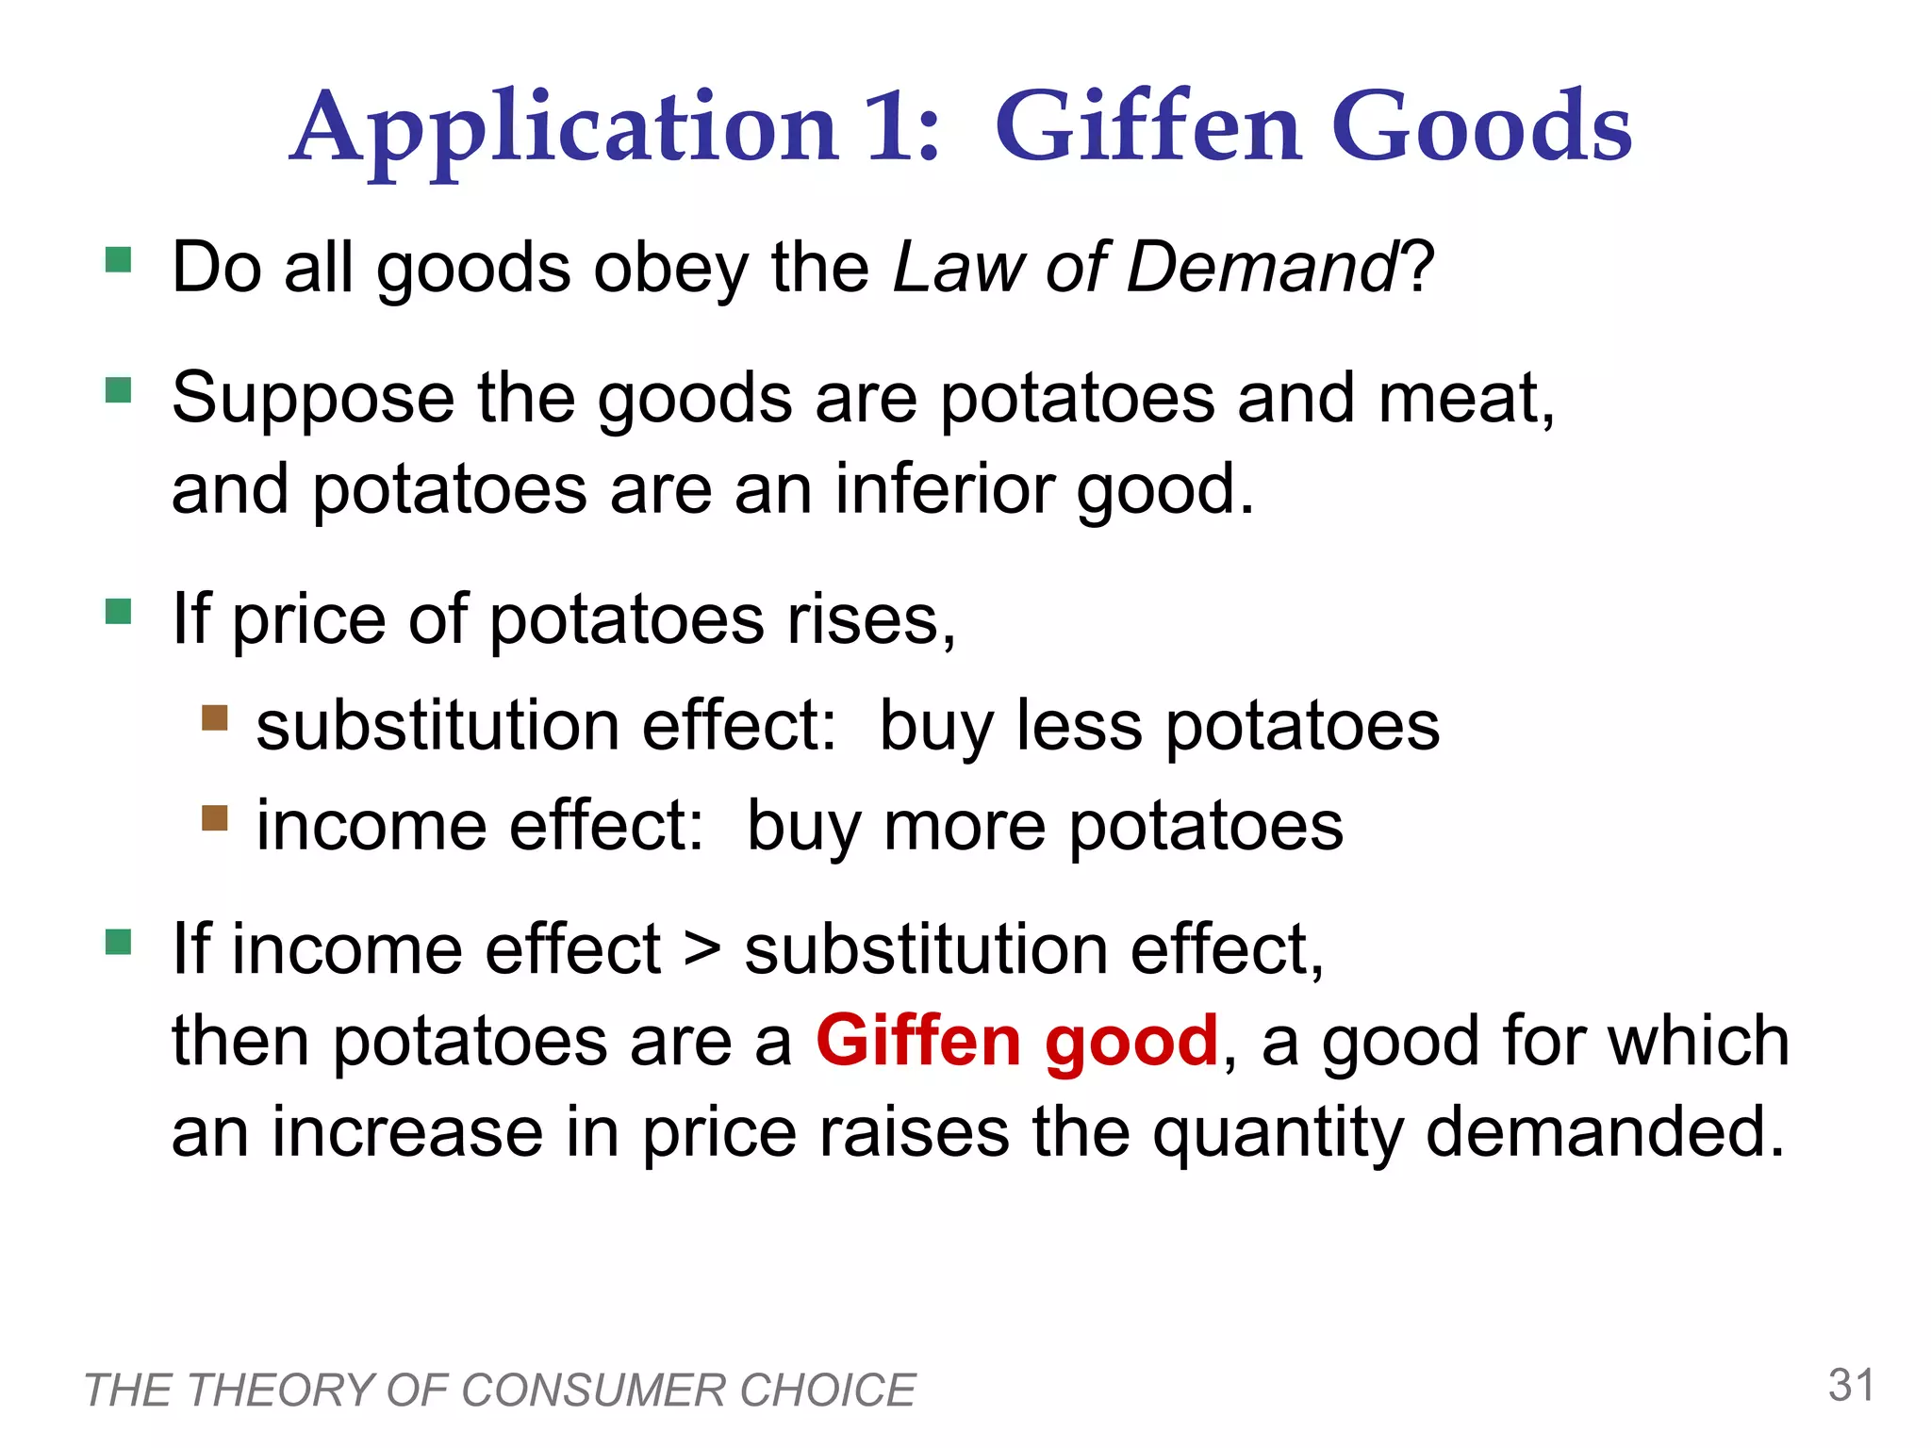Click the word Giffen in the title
click(1148, 127)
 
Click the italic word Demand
click(1262, 268)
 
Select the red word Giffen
click(918, 1041)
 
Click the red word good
click(1131, 1043)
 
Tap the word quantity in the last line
click(1278, 1133)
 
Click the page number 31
click(1851, 1386)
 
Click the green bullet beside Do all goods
click(119, 259)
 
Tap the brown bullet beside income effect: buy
click(215, 817)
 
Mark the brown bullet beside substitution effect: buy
click(215, 718)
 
